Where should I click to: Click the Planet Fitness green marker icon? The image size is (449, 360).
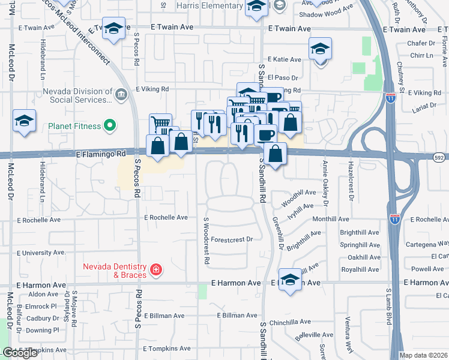(x=109, y=126)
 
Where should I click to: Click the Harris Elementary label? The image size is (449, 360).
(x=210, y=5)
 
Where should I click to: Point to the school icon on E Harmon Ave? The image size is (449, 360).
(x=290, y=280)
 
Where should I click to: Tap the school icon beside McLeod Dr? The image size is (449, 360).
(x=24, y=121)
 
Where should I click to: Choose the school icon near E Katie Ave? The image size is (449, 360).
(x=320, y=49)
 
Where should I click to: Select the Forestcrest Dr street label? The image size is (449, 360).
(x=232, y=239)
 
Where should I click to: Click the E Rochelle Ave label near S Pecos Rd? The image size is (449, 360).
(x=165, y=217)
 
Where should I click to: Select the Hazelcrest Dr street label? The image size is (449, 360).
(x=352, y=180)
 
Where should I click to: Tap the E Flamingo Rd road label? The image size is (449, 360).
(x=101, y=154)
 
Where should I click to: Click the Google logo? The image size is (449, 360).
(x=20, y=353)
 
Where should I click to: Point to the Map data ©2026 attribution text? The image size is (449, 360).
(x=423, y=355)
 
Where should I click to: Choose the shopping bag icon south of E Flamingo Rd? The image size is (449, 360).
(x=275, y=154)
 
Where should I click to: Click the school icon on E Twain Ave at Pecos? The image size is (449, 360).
(x=113, y=29)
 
